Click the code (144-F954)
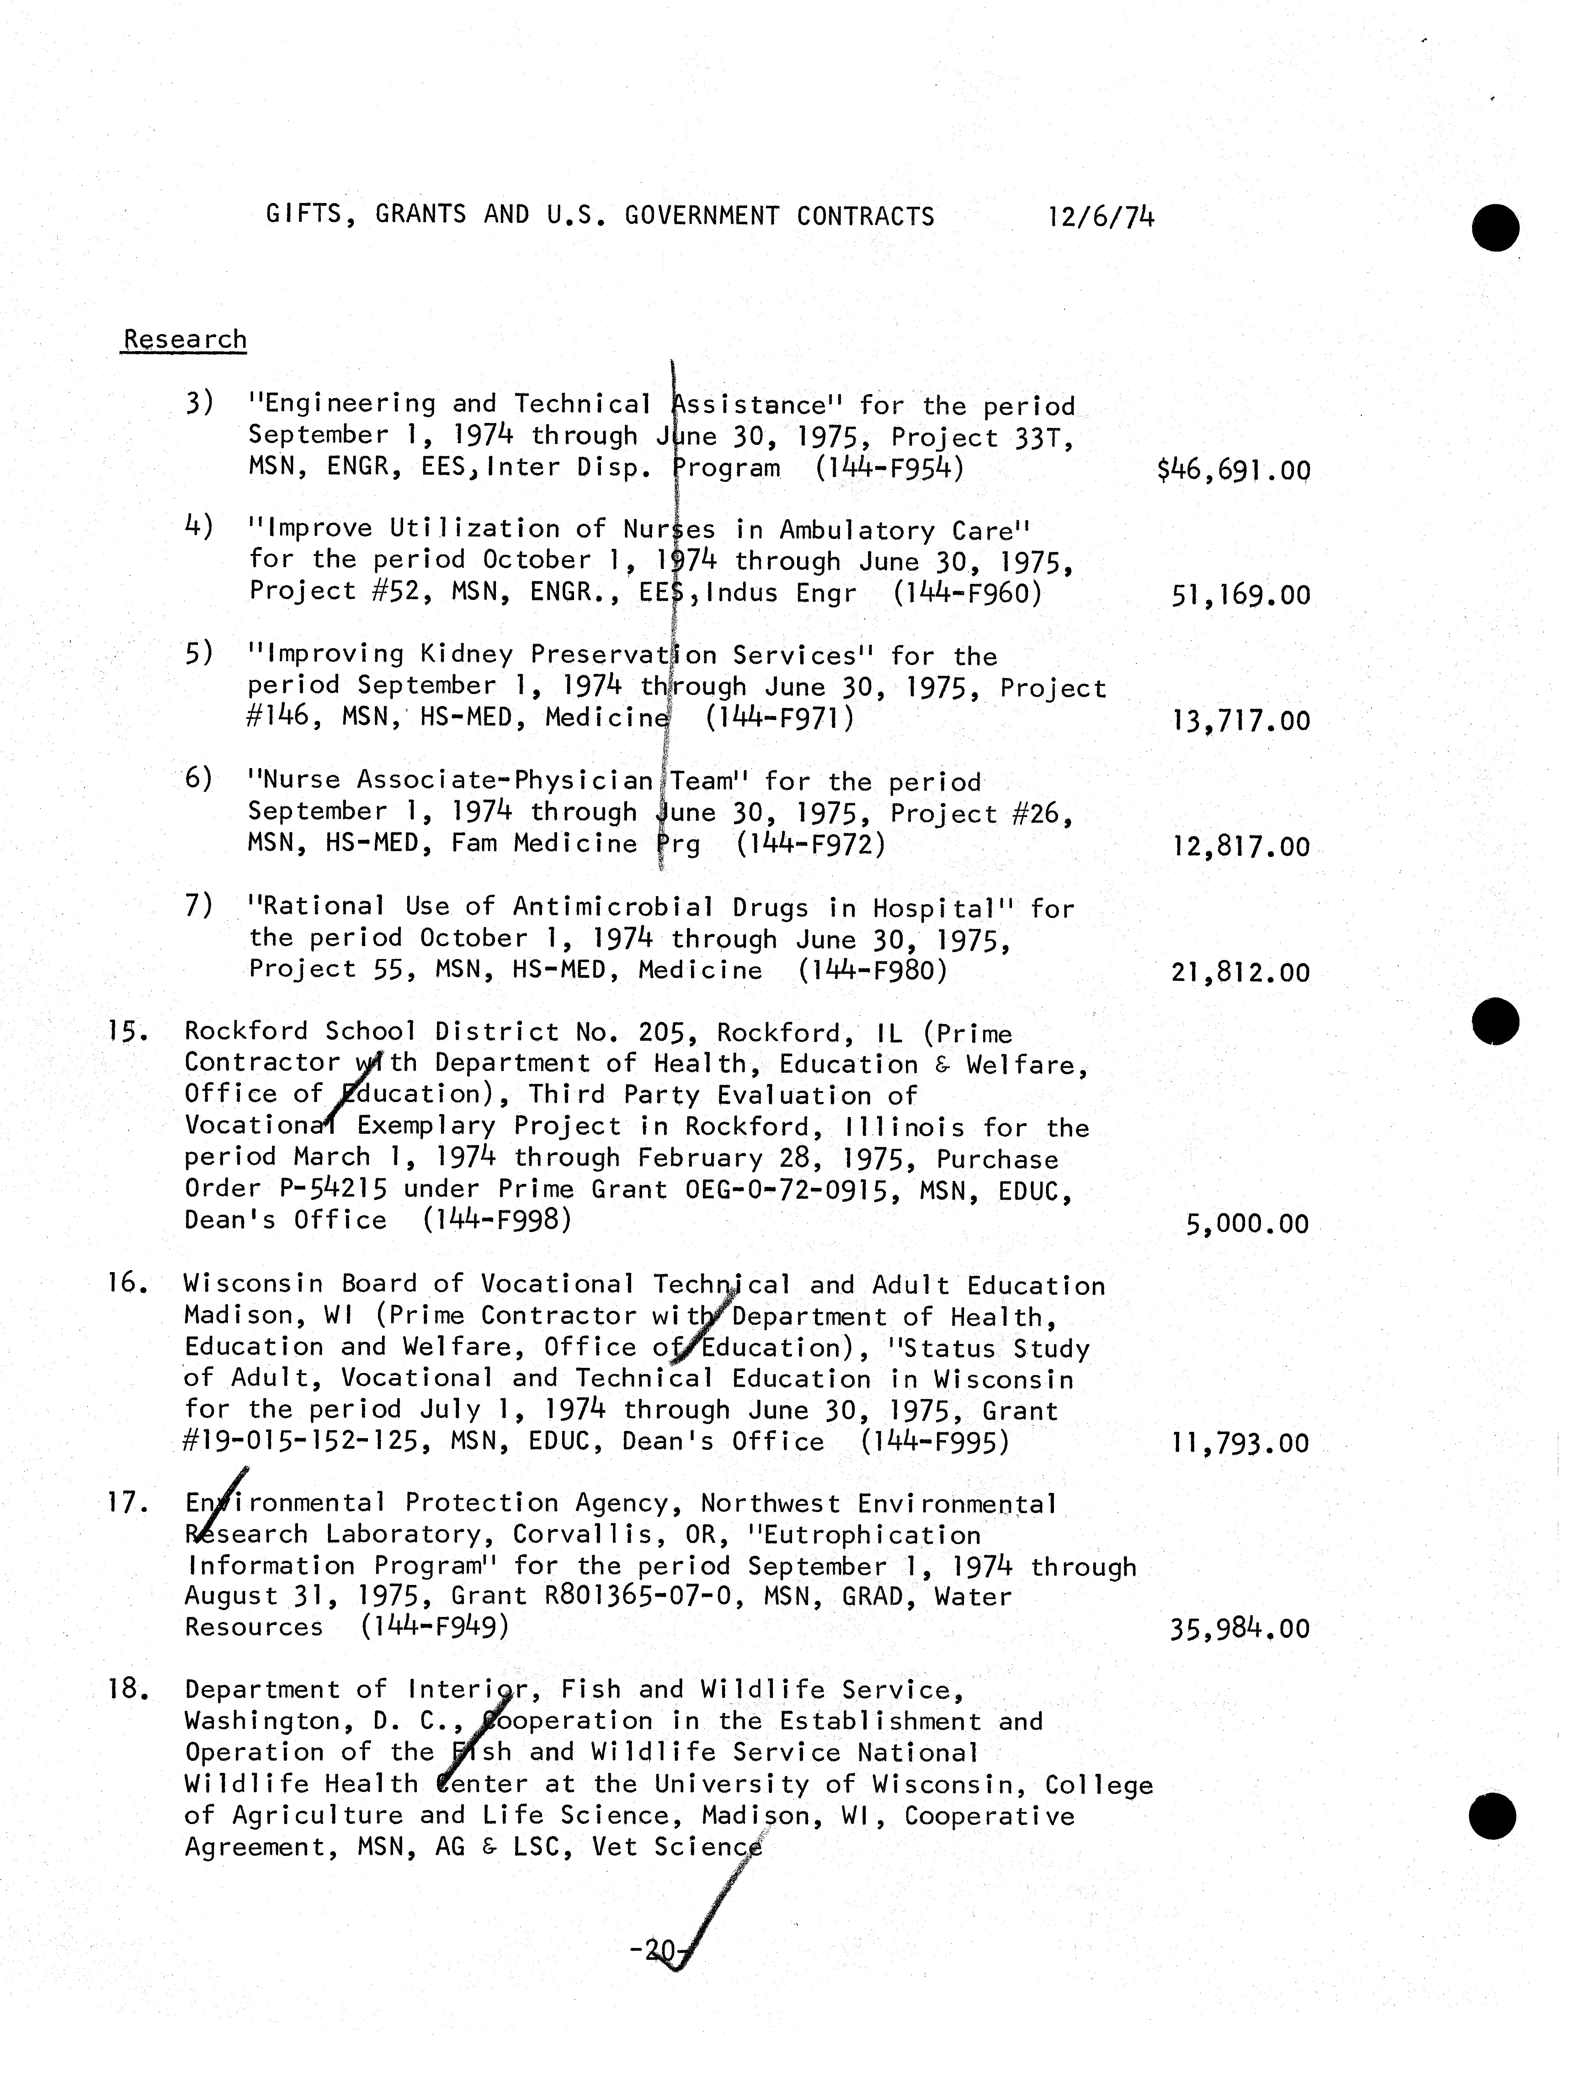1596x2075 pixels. click(x=889, y=468)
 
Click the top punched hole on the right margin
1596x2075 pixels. click(x=1495, y=228)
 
